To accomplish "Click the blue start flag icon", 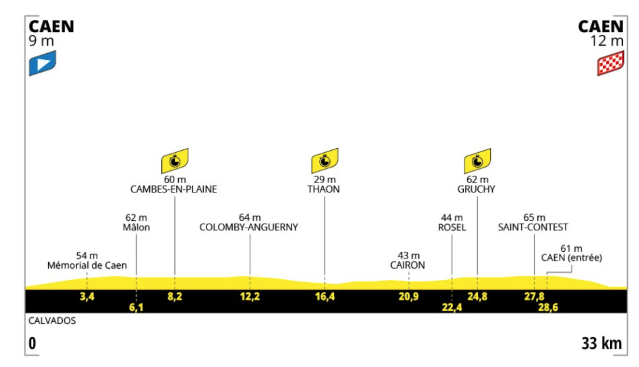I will (43, 63).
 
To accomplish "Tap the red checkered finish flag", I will (610, 63).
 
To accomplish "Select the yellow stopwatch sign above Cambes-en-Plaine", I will (175, 161).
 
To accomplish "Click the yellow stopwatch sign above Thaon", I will (325, 161).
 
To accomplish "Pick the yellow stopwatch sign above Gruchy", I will (477, 161).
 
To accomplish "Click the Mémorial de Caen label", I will (87, 265).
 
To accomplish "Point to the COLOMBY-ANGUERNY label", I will (249, 227).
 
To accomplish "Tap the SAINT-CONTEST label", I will (533, 227).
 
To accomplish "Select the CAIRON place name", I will (407, 265).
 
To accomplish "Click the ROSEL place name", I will (452, 227).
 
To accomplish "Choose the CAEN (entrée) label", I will (571, 257).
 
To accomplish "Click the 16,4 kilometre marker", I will (325, 297).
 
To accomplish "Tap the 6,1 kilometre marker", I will (136, 307).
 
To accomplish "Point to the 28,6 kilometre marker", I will (548, 307).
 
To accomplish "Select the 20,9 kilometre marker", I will (409, 297).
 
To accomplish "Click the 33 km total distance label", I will (601, 343).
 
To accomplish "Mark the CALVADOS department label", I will (52, 321).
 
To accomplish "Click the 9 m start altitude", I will (41, 41).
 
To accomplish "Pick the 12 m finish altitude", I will (607, 41).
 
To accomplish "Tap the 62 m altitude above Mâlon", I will (136, 217).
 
